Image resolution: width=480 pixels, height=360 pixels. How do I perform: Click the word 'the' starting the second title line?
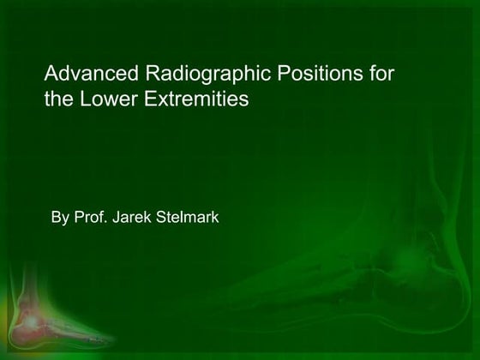pos(57,99)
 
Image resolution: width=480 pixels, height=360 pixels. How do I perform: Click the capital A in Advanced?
pos(51,74)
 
